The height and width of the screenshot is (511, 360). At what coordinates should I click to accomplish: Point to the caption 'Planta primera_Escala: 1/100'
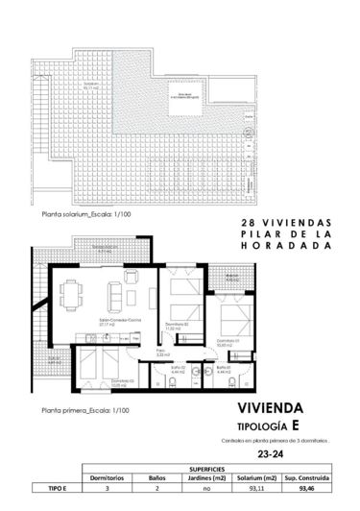tap(81, 408)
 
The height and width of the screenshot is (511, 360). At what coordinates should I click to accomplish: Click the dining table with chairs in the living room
tap(71, 288)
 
